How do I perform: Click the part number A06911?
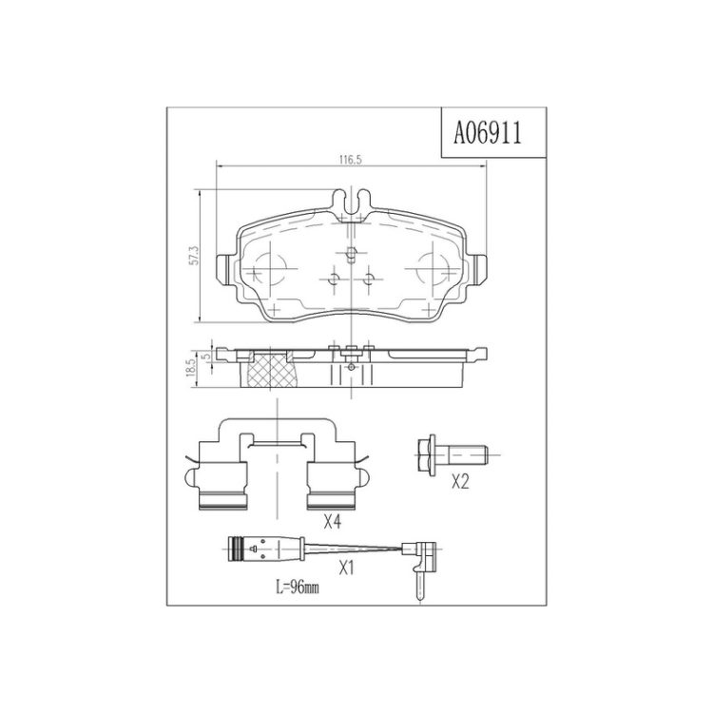488,133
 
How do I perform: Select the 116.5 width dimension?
350,160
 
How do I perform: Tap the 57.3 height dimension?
195,256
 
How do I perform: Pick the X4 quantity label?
332,523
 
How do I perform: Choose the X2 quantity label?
460,482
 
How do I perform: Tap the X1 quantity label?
346,568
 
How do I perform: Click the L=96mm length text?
298,588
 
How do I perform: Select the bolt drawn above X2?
453,454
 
